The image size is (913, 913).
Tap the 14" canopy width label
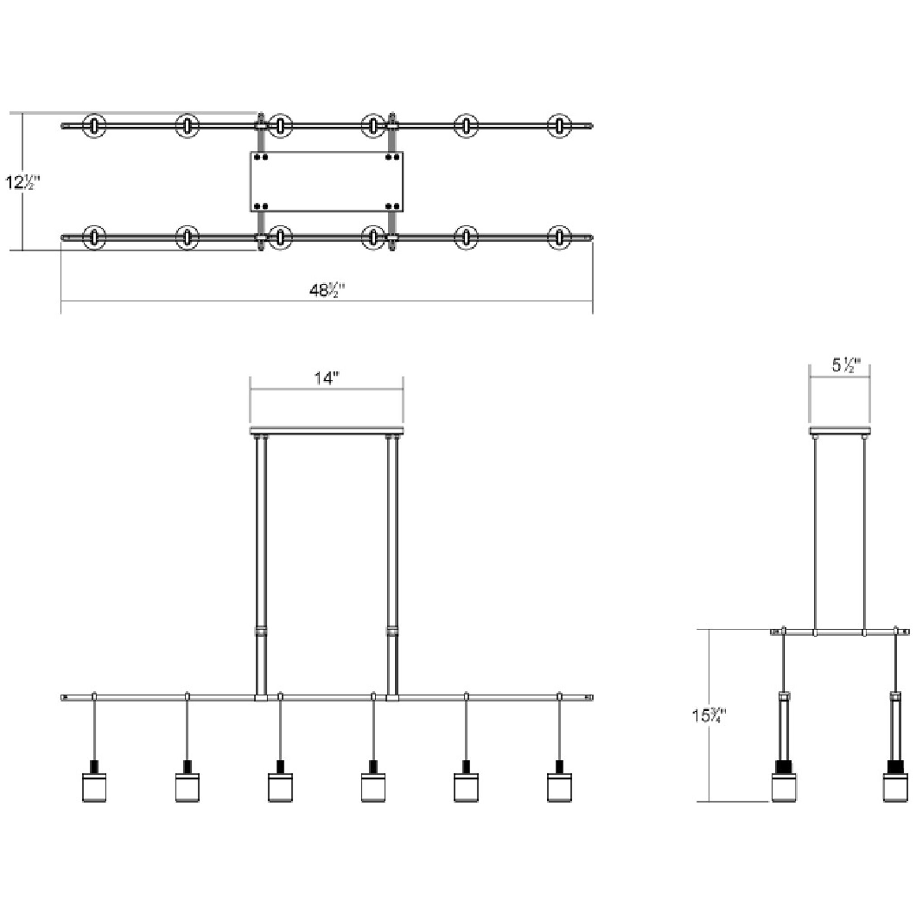coord(327,378)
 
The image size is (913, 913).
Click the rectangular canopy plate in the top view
coord(326,182)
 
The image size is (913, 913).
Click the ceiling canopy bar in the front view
coord(326,430)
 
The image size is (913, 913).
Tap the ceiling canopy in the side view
coord(839,430)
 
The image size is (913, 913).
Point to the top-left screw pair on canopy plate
coord(261,157)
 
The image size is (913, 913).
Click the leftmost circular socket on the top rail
coord(95,126)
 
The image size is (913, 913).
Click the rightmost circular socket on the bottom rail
coord(559,237)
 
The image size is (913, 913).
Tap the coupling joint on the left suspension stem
coord(261,632)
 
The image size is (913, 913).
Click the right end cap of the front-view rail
coord(590,698)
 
